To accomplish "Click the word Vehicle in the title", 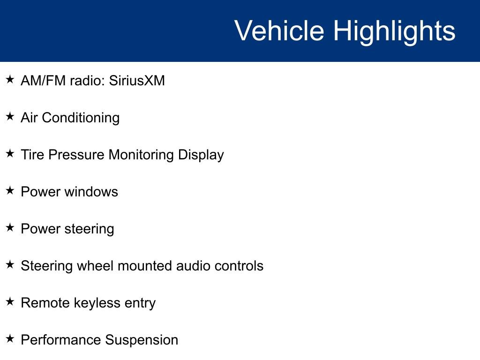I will click(279, 31).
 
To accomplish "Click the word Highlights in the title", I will click(394, 31).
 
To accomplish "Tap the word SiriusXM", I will click(137, 81).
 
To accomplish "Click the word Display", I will click(201, 155).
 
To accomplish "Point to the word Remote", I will click(45, 303).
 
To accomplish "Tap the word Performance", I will click(61, 340).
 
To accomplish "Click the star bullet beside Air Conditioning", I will click(10, 117).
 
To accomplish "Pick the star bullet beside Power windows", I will click(10, 191).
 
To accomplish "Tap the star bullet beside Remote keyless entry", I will click(10, 302).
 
